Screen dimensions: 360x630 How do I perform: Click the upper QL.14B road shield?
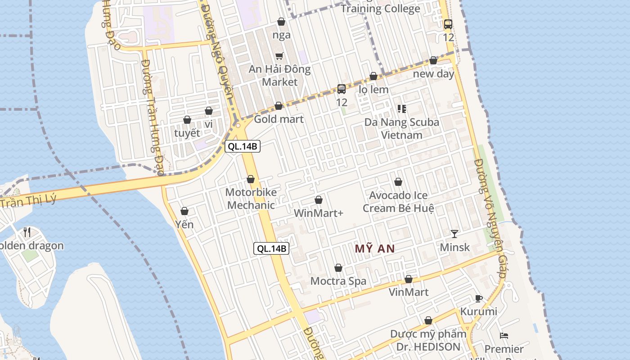pos(243,146)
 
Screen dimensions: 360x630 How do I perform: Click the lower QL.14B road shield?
pos(271,248)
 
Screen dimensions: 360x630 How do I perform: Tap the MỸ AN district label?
pos(375,249)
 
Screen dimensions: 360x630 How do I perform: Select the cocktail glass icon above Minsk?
pos(454,234)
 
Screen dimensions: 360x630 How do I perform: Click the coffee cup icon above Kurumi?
pos(479,298)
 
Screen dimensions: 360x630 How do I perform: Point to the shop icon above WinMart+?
pos(319,200)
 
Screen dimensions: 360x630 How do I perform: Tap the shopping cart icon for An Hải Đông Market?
pos(279,56)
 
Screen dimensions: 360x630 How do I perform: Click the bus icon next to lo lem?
pos(342,89)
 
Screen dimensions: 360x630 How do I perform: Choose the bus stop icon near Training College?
pos(448,24)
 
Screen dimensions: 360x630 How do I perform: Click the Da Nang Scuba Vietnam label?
pos(401,128)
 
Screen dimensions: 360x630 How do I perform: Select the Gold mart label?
pos(279,119)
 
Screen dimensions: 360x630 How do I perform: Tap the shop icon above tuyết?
pos(187,120)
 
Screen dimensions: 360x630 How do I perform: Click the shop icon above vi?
pos(209,111)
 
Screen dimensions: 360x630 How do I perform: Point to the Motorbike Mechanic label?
pos(251,198)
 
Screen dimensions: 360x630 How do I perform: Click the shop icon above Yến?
pos(184,211)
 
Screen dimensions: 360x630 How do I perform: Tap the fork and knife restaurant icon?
pos(27,232)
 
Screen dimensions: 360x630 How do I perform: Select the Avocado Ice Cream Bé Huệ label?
pos(398,202)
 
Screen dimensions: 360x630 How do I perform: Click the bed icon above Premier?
pos(504,336)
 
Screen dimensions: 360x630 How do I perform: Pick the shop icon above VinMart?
pos(409,279)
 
